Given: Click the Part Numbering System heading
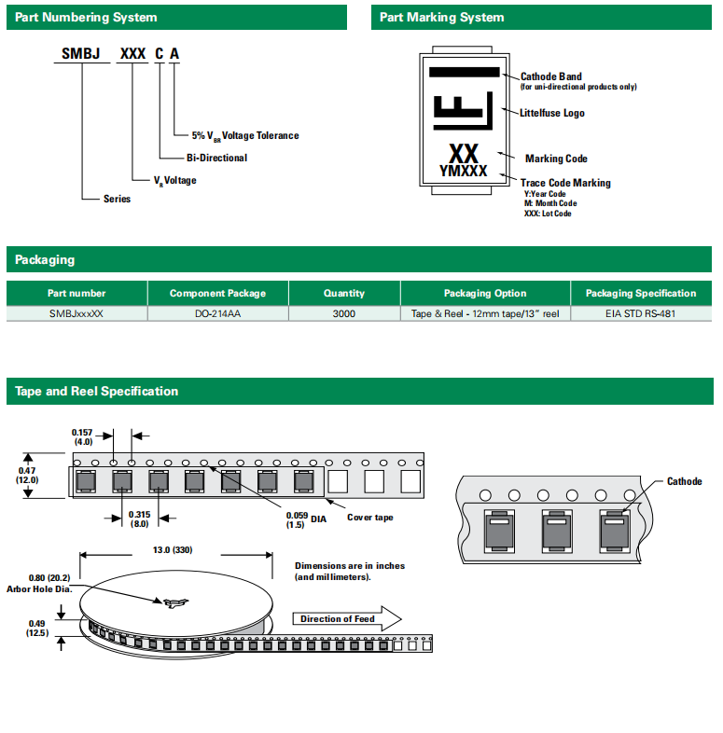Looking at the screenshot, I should pos(86,18).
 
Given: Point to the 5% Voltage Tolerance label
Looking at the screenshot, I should pos(245,135).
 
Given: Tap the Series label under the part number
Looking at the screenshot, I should pos(118,199).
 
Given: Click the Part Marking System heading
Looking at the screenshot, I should pos(442,18).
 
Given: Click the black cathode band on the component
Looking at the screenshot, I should pos(464,73).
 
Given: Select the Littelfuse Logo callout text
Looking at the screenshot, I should pos(552,113).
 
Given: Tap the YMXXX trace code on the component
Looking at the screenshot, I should pos(463,171).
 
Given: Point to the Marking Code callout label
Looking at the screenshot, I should pos(556,159).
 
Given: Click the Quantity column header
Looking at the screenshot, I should pos(343,293).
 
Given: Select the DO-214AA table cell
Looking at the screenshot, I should pos(217,314).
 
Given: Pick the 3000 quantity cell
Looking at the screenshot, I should pos(343,314).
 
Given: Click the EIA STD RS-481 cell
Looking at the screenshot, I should pos(640,314).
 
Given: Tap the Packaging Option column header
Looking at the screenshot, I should pos(485,293).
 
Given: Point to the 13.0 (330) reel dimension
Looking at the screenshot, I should pos(174,549).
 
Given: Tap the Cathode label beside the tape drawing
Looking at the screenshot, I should pos(684,481).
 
